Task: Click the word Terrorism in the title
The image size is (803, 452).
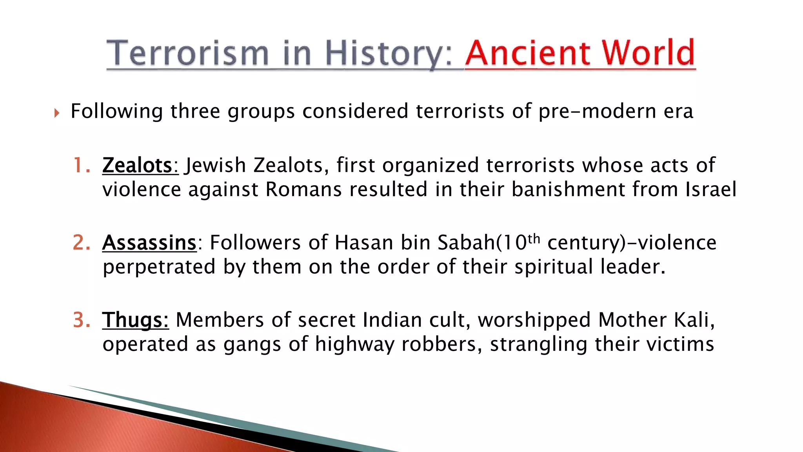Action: point(187,53)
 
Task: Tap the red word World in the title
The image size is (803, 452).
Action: point(649,53)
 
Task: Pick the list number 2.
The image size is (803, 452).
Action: point(81,242)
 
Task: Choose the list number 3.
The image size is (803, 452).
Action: point(81,320)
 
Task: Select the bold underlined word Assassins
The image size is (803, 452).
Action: point(149,242)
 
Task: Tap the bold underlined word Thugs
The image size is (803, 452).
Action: point(135,320)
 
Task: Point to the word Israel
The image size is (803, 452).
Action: point(710,190)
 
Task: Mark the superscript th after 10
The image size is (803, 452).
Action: point(534,238)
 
